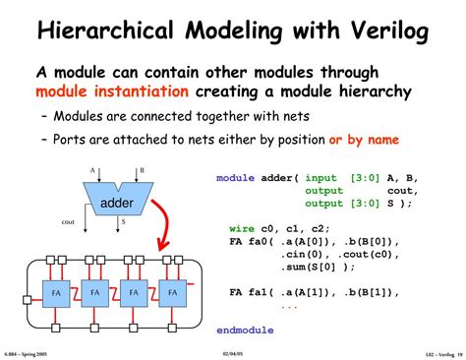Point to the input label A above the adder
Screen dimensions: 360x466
tap(93, 169)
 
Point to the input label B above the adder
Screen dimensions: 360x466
tap(142, 169)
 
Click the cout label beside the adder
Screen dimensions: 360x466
tap(68, 221)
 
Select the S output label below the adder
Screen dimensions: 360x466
tap(123, 222)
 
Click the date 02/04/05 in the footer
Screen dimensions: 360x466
tap(233, 351)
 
